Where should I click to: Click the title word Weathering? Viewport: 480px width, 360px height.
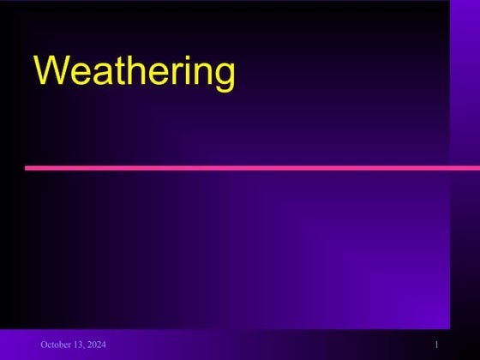point(134,72)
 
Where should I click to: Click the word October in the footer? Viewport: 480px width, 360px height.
point(55,345)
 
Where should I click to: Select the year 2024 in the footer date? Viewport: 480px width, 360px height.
point(96,345)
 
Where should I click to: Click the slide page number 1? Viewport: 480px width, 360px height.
point(436,345)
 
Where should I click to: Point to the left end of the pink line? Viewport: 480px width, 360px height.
point(27,168)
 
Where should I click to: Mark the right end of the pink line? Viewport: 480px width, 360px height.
point(477,168)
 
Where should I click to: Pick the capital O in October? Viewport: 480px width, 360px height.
point(44,345)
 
